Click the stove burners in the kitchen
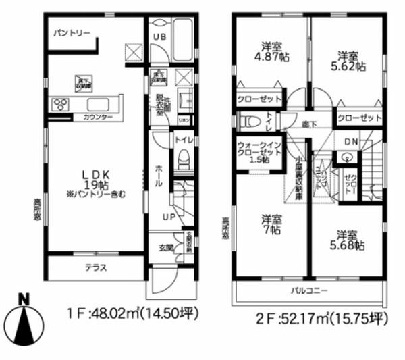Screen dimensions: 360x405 [60, 104]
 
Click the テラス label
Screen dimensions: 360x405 [95, 267]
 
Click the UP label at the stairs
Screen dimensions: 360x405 [168, 217]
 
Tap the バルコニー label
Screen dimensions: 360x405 [310, 290]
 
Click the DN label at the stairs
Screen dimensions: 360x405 [351, 141]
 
